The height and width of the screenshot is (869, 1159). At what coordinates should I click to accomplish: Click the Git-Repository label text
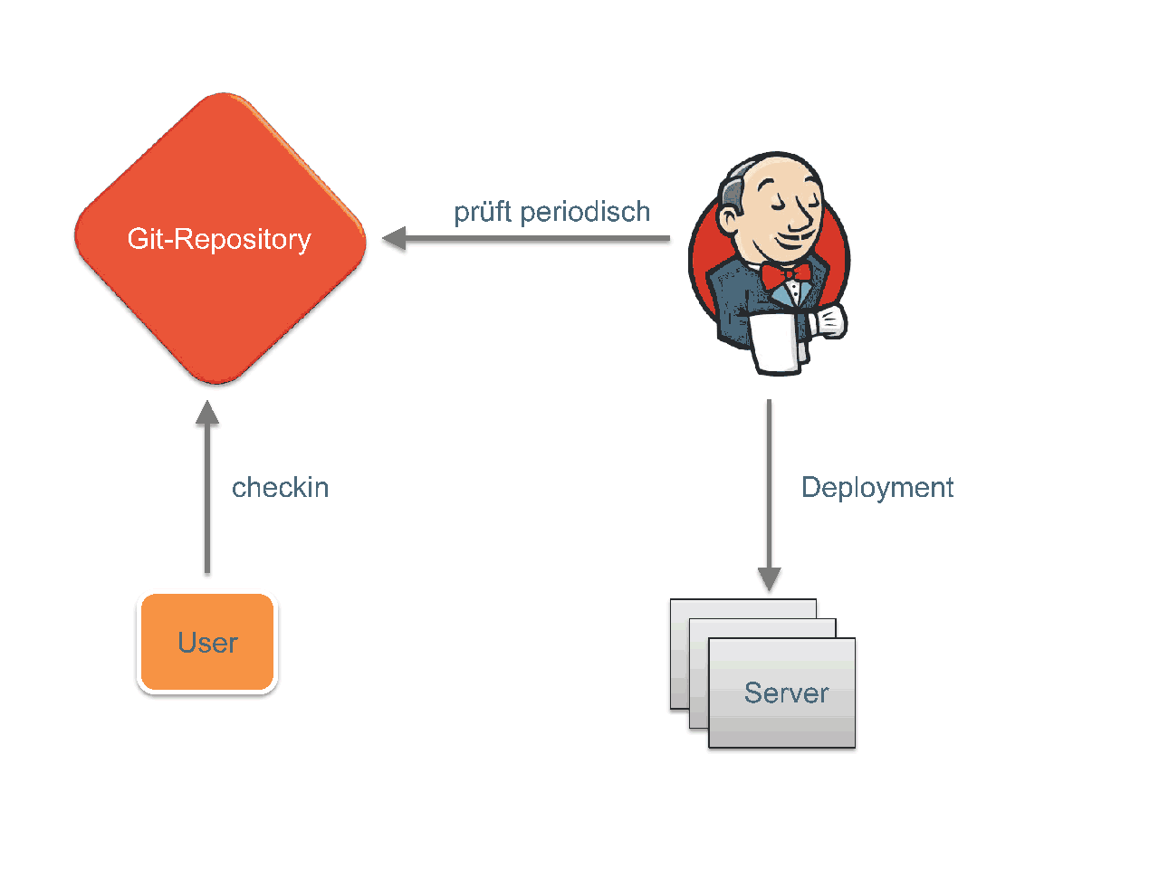coord(219,239)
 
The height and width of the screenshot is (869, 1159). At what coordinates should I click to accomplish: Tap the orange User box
coord(207,642)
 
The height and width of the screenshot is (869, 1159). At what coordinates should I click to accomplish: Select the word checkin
coord(281,487)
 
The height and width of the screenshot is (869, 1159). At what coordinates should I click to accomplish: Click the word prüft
coord(483,212)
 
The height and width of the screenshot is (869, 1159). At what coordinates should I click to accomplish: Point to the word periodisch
coord(585,212)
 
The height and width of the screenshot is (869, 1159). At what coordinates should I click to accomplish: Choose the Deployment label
coord(877,488)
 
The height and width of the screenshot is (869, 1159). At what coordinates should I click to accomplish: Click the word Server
coord(786,692)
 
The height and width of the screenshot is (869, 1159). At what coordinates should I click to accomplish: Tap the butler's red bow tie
coord(786,275)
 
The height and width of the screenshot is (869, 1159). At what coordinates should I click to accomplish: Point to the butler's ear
coord(730,221)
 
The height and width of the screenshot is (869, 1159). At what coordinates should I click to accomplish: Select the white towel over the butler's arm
coord(776,343)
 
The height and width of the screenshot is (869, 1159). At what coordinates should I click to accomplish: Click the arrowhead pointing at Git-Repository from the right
coord(394,238)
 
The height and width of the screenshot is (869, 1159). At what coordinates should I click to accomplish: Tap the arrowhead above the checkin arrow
coord(207,412)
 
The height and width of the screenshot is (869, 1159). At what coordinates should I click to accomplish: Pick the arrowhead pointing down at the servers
coord(770,578)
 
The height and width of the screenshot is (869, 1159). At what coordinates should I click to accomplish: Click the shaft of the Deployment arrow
coord(770,483)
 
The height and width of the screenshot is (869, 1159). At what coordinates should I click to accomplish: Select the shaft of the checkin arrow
coord(207,498)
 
